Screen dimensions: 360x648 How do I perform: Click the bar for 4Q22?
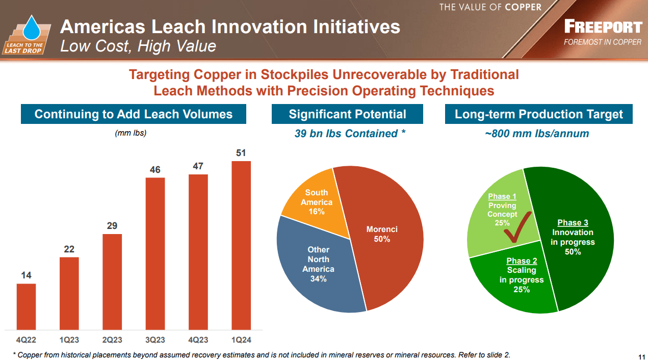click(x=26, y=306)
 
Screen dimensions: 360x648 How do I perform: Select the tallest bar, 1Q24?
click(x=241, y=245)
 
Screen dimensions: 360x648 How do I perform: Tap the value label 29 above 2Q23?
click(x=112, y=225)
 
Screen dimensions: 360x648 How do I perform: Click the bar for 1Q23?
click(x=69, y=293)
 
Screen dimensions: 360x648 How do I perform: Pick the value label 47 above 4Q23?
click(x=198, y=166)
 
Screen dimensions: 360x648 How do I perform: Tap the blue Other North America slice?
click(x=318, y=265)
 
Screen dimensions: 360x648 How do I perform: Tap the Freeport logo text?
click(x=603, y=27)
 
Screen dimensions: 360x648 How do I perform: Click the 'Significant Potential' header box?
click(x=347, y=114)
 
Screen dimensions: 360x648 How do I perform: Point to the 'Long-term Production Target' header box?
click(x=538, y=114)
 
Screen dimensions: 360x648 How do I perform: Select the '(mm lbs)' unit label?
click(x=130, y=133)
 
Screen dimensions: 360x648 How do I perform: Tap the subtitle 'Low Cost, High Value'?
click(x=138, y=46)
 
